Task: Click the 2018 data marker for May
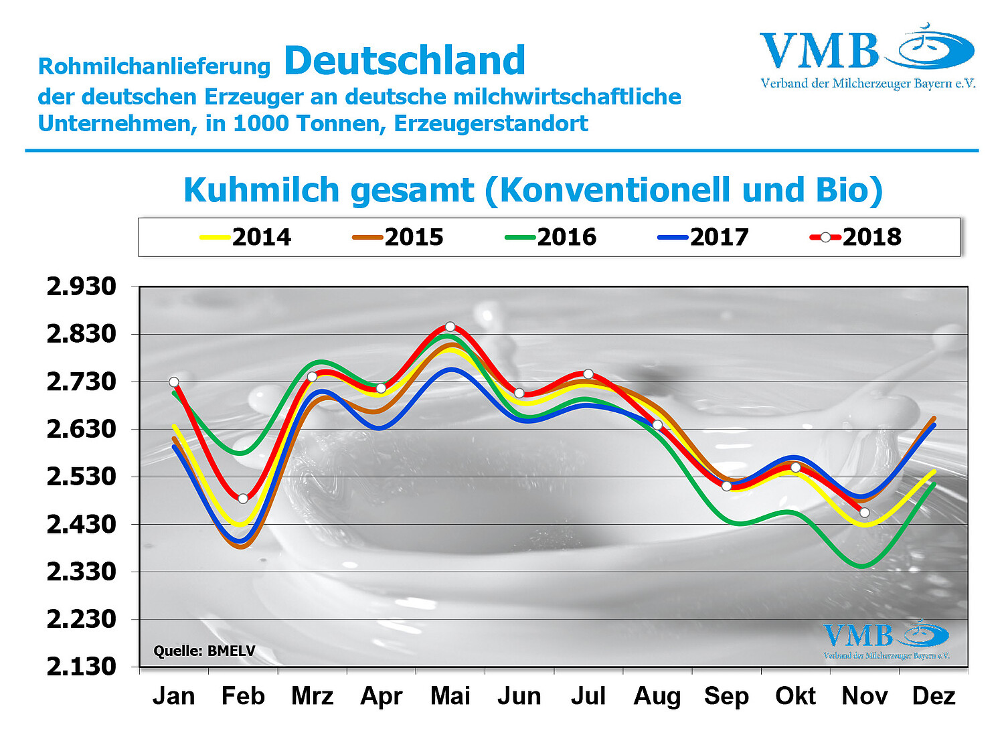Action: coord(450,327)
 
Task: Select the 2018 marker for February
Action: coord(243,499)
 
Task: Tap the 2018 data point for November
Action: coord(865,513)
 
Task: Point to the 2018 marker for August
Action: coord(657,425)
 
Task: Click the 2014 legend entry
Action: coord(246,237)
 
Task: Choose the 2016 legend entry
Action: coord(551,237)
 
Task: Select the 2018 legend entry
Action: coord(856,237)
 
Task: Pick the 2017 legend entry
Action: coord(703,237)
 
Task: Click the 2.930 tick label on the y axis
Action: coord(81,286)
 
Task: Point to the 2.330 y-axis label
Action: coord(81,572)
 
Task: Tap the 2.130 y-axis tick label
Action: coord(81,667)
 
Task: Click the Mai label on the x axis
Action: coord(450,696)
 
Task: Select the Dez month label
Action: coord(934,696)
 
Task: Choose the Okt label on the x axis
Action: coord(795,696)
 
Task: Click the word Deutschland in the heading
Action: coord(405,61)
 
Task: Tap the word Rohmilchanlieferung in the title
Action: coord(154,67)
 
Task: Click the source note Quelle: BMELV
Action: coord(204,651)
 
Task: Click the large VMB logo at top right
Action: coord(867,57)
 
